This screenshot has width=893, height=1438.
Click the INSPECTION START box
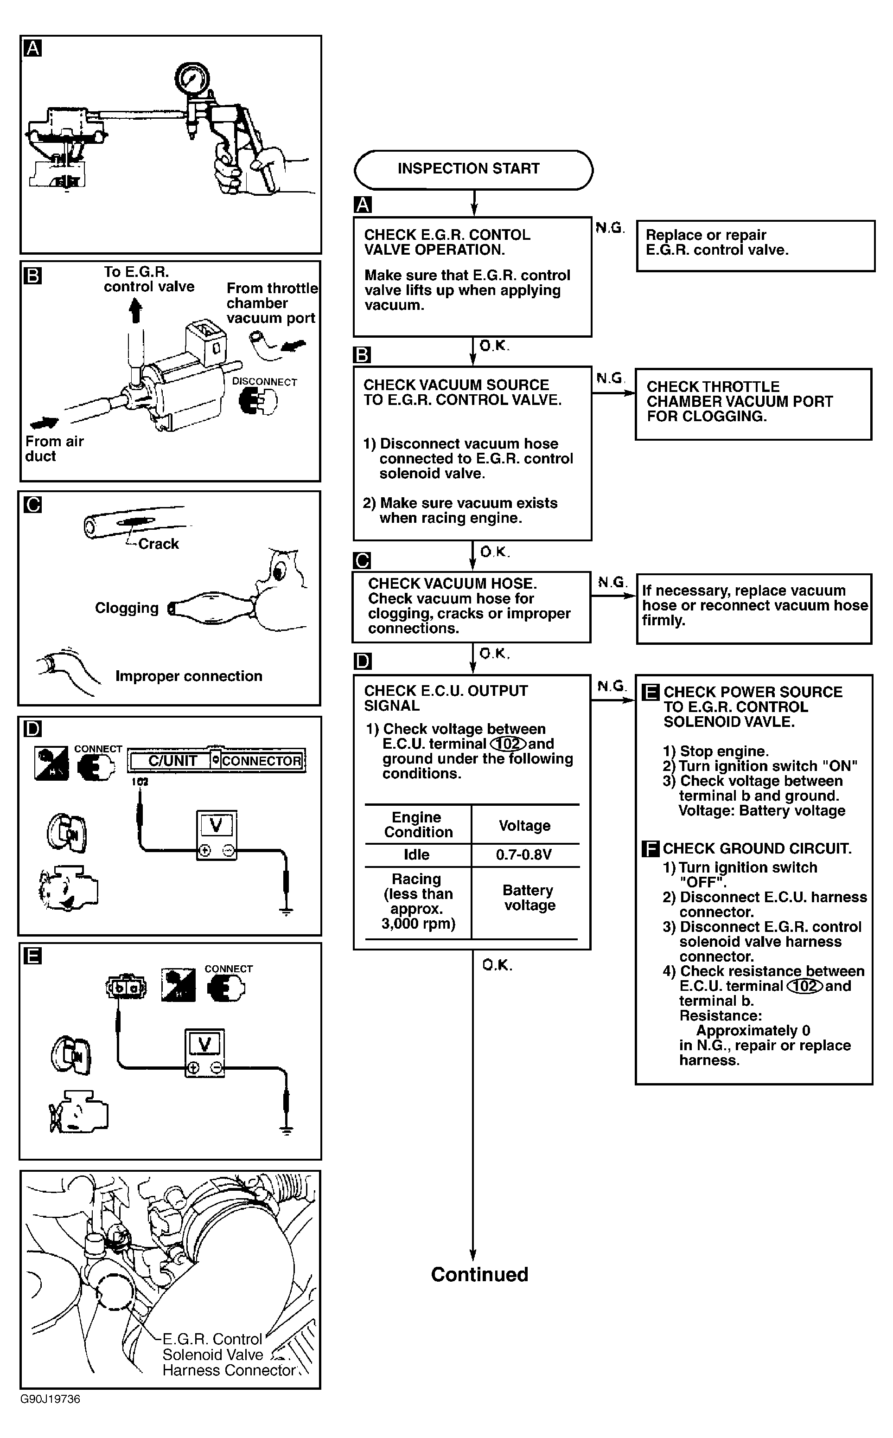pos(473,170)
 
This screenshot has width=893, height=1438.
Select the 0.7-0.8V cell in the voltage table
pos(524,854)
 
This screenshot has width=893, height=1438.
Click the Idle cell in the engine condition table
pos(416,854)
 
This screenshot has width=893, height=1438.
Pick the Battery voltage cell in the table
pos(529,898)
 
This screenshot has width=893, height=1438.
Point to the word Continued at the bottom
pos(479,1274)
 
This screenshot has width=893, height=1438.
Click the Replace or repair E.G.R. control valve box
pos(755,246)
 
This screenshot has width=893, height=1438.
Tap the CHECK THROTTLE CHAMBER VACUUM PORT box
pos(753,404)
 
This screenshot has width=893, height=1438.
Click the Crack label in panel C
pos(158,544)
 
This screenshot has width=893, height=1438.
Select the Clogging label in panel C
pos(127,608)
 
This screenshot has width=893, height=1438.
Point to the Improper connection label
pos(188,676)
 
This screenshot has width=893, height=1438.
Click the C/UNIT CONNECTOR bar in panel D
pos(216,761)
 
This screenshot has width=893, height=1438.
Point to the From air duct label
pos(54,449)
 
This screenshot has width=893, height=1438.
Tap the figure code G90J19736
pos(50,1399)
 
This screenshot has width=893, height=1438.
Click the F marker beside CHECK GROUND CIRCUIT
pos(650,849)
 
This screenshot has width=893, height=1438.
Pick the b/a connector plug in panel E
pos(126,987)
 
